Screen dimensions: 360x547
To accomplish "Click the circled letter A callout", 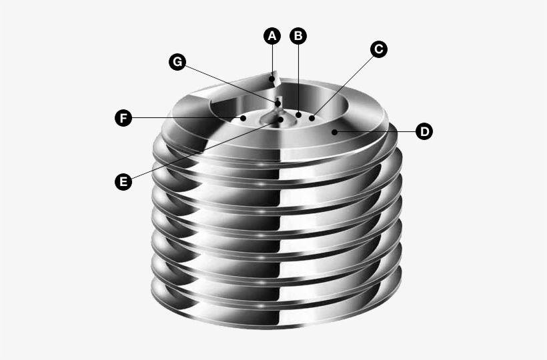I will point(271,36).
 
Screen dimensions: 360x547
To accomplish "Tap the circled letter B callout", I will point(298,36).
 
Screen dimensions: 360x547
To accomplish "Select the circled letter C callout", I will point(378,49).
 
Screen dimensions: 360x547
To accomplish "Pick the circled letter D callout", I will point(424,131).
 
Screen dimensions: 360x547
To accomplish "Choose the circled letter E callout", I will point(122,181).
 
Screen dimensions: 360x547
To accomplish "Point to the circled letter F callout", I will point(122,118).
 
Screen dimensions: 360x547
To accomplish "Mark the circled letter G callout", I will point(177,61).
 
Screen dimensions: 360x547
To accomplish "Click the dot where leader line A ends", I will point(271,79).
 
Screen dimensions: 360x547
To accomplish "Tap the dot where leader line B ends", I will point(299,115).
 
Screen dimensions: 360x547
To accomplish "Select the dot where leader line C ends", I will point(312,117).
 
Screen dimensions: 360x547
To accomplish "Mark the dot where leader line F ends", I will point(244,118).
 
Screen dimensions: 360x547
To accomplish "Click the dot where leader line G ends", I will point(278,103).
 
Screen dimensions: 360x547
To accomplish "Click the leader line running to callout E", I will point(200,151).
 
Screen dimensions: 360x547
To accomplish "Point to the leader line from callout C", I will point(344,84).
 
